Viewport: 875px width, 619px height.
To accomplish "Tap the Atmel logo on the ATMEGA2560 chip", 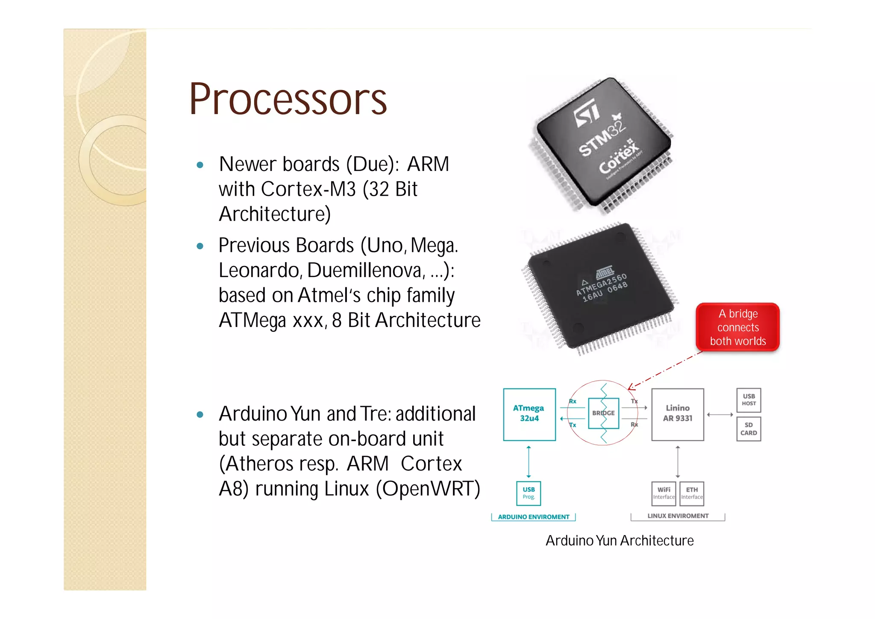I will tap(605, 272).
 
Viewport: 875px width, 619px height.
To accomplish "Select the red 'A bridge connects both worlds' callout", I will tap(738, 327).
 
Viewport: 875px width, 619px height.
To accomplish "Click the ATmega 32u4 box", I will tap(529, 414).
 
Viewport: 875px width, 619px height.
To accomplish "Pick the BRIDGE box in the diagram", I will tap(603, 413).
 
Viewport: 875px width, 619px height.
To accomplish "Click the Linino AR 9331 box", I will tap(678, 414).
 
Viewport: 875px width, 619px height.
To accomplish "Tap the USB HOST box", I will tap(749, 400).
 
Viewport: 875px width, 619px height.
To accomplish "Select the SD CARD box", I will tap(749, 429).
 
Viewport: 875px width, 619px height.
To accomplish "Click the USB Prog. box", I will tap(529, 493).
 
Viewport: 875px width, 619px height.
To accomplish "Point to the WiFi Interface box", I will tap(664, 493).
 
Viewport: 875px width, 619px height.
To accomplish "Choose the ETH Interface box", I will tap(692, 493).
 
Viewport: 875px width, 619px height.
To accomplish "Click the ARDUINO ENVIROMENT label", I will tap(534, 517).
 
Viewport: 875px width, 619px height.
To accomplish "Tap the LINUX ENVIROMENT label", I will tap(678, 516).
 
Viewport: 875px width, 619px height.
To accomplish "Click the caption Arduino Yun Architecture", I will tap(620, 541).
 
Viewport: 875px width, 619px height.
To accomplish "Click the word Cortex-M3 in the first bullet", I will tap(308, 189).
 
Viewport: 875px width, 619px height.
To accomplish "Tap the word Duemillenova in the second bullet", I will tap(366, 271).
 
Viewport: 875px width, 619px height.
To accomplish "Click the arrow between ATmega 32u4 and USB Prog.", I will tap(529, 462).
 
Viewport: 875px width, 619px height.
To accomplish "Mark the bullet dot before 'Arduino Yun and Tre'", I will tap(200, 415).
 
